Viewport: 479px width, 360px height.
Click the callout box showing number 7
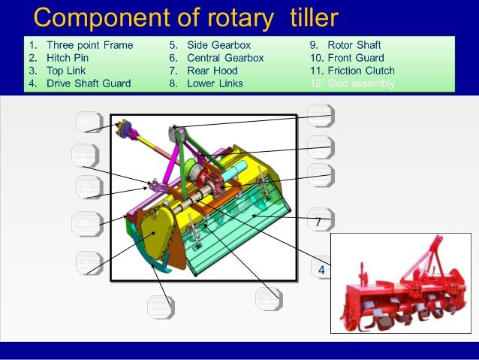pos(319,222)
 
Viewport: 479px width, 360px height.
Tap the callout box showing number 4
pos(321,269)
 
